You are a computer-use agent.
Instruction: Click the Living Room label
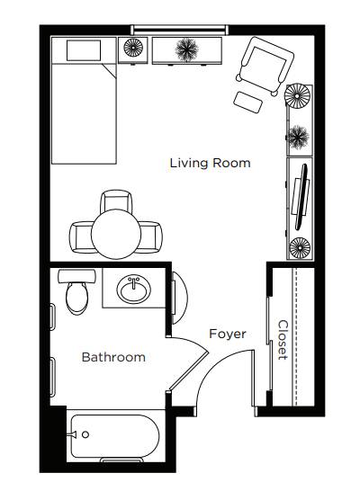pyautogui.click(x=211, y=163)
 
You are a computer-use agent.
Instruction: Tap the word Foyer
pyautogui.click(x=228, y=334)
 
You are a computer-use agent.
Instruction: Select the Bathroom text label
pyautogui.click(x=113, y=357)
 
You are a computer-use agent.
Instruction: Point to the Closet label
pyautogui.click(x=283, y=340)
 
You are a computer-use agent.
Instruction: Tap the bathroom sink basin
pyautogui.click(x=134, y=289)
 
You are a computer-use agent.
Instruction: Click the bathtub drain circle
pyautogui.click(x=85, y=434)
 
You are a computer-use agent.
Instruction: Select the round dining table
pyautogui.click(x=116, y=234)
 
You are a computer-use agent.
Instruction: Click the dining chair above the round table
pyautogui.click(x=116, y=201)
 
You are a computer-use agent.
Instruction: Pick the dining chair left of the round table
pyautogui.click(x=81, y=237)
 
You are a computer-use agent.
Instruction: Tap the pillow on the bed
pyautogui.click(x=84, y=50)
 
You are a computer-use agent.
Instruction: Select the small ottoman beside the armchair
pyautogui.click(x=248, y=102)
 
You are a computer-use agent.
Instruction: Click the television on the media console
pyautogui.click(x=301, y=197)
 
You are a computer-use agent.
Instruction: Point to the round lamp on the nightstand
pyautogui.click(x=133, y=48)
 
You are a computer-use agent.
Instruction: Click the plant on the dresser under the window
pyautogui.click(x=187, y=49)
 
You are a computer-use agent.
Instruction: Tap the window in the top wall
pyautogui.click(x=179, y=30)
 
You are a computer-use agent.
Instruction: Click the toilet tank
pyautogui.click(x=76, y=276)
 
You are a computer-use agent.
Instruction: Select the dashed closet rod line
pyautogui.click(x=296, y=336)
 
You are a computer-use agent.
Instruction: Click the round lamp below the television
pyautogui.click(x=300, y=247)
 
